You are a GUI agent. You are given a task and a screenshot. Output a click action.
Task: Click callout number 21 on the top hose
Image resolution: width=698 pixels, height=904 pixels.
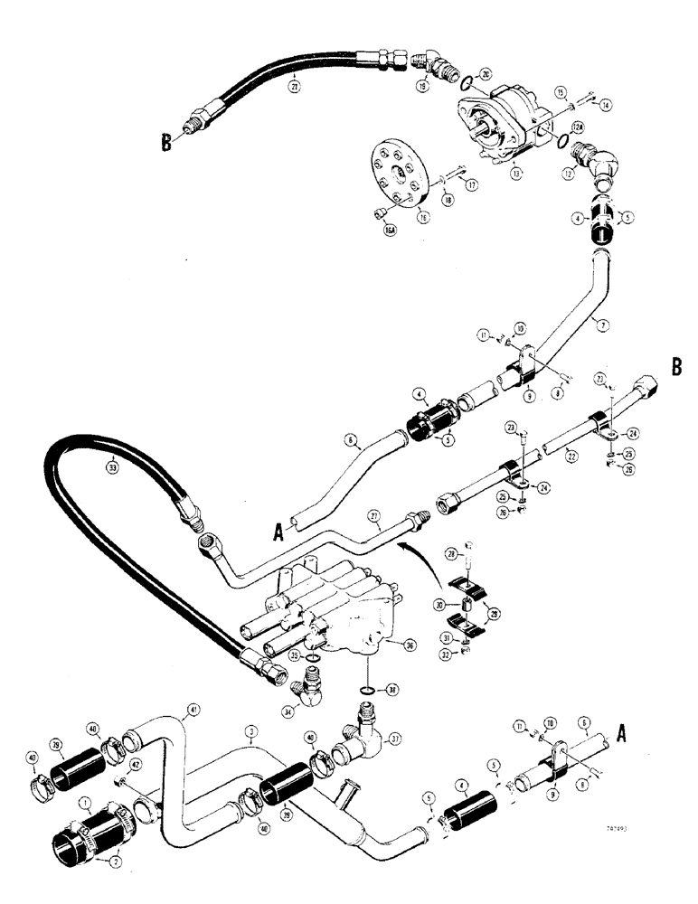point(293,87)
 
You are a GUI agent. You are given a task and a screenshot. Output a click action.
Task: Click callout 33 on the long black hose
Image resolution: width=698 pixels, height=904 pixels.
point(113,469)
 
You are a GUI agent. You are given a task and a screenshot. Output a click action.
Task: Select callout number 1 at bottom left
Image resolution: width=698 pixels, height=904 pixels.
point(85,802)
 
